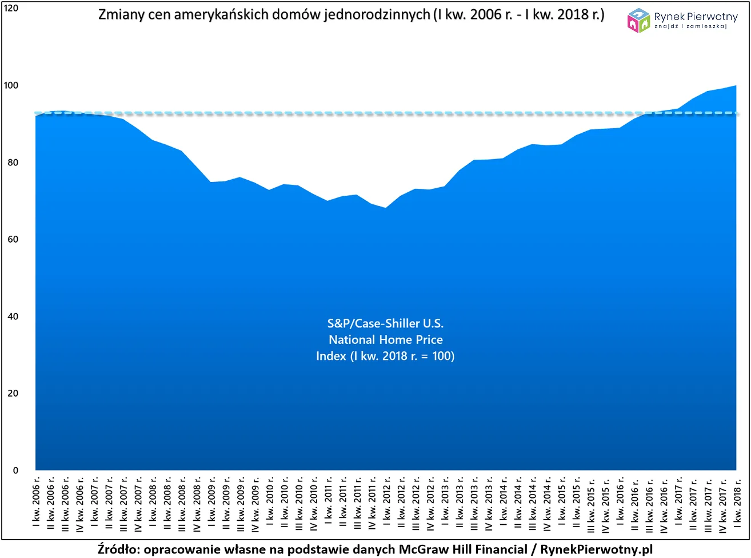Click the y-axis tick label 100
coord(11,86)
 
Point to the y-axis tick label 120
coord(11,9)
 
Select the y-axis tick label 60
coord(13,240)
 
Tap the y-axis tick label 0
coord(15,470)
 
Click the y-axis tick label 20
coord(13,394)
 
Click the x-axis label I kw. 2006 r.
coord(36,502)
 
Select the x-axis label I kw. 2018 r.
coord(737,502)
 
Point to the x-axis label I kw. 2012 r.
coord(386,502)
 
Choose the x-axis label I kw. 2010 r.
coord(270,502)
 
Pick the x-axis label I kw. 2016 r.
coord(620,502)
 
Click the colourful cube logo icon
coord(638,20)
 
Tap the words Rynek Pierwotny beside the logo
coord(696,17)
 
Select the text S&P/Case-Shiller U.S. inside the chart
coord(385,323)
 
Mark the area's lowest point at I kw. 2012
coord(386,208)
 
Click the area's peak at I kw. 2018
coord(736,86)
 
